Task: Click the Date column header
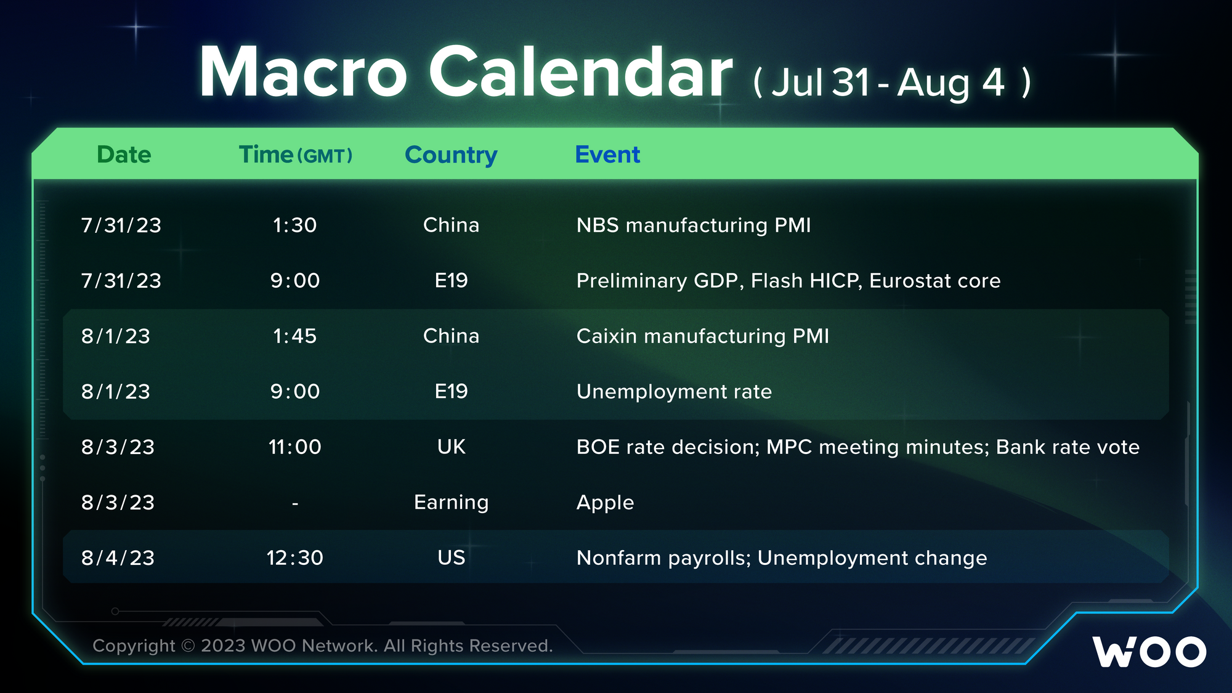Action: coord(124,155)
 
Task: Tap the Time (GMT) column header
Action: coord(296,155)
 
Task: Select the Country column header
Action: coord(451,155)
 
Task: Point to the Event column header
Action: coord(607,155)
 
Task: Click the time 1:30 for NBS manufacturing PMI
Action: coord(295,225)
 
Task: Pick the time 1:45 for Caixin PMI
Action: coord(295,336)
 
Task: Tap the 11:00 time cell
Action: coord(295,447)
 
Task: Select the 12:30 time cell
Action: coord(295,558)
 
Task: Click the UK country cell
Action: coord(452,447)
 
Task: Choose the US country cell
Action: coord(452,558)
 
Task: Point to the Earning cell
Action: coord(452,503)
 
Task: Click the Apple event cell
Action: coord(606,503)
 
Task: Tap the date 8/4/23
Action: coord(118,558)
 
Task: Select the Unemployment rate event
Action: coord(675,392)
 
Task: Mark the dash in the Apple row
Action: coord(295,504)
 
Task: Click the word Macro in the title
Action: coord(303,72)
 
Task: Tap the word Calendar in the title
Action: coord(581,71)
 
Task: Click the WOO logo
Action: coord(1149,652)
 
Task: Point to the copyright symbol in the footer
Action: coord(188,646)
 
